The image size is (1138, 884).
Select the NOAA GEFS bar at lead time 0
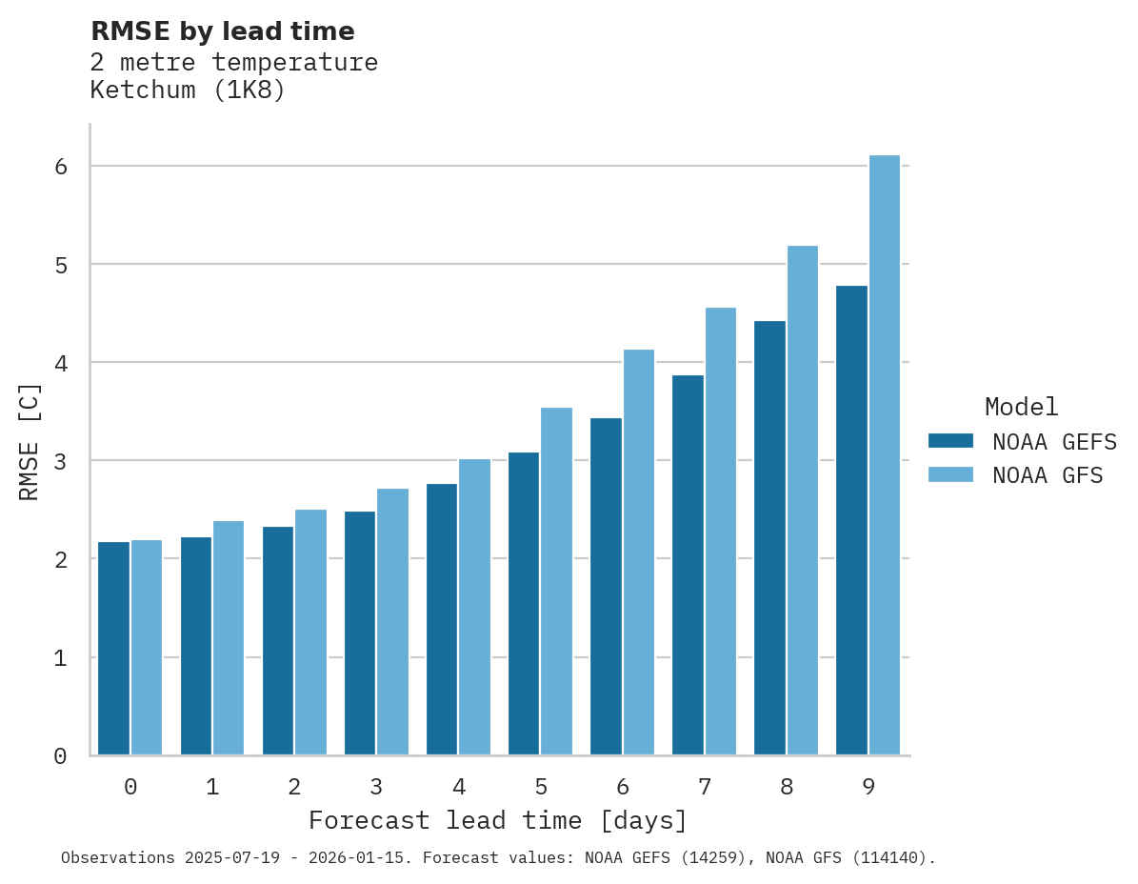click(114, 649)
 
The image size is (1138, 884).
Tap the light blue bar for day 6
click(639, 552)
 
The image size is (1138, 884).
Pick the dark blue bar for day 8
click(769, 538)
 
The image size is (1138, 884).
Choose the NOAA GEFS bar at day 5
click(524, 604)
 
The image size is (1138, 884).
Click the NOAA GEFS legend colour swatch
click(950, 441)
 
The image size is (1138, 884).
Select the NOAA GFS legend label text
click(1048, 475)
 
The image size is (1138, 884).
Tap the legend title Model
click(1021, 407)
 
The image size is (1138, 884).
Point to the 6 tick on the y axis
click(60, 167)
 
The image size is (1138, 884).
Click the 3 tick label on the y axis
click(60, 461)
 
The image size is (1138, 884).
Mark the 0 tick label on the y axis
click(60, 756)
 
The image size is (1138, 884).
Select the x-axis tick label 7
click(705, 787)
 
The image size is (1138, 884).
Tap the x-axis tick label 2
click(294, 787)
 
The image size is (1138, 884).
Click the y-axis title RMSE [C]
click(30, 441)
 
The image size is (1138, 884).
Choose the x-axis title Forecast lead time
click(497, 820)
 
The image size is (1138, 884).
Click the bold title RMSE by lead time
click(222, 31)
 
